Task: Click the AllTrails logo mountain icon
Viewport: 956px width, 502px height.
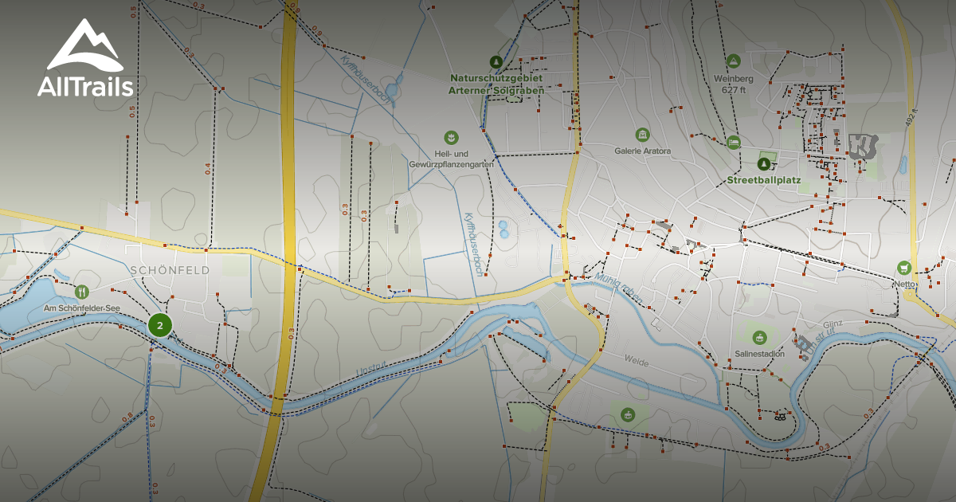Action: click(84, 45)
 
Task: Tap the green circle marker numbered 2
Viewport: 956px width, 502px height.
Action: click(160, 325)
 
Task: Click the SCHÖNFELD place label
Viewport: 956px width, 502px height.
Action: click(170, 270)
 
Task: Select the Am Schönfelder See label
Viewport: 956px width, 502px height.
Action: click(80, 308)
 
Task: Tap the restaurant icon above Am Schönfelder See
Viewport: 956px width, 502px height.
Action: click(80, 292)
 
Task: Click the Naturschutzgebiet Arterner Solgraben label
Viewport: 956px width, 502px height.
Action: click(497, 84)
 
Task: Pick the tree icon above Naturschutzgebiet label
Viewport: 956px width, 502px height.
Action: click(496, 61)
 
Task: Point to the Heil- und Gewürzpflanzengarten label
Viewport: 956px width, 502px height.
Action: click(452, 159)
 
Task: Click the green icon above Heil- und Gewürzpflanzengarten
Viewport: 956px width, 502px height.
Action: click(451, 137)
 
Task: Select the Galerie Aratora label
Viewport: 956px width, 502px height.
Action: click(642, 151)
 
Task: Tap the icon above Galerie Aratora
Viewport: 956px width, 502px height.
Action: click(642, 134)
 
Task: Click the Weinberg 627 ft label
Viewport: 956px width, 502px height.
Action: click(733, 84)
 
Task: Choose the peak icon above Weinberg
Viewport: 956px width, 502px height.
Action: click(733, 61)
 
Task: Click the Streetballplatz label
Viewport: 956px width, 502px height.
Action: click(765, 180)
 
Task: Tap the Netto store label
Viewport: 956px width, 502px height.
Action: click(904, 284)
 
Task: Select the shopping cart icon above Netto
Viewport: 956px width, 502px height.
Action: click(903, 266)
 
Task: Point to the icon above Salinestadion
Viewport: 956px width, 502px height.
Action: click(758, 336)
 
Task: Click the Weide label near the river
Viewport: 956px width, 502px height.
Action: click(637, 363)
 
